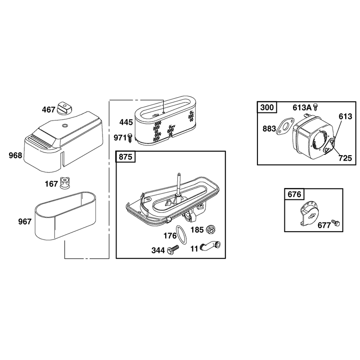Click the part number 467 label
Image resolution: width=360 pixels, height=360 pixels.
[49, 110]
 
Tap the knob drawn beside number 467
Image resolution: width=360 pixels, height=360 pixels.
[65, 108]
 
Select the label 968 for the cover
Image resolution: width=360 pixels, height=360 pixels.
[15, 155]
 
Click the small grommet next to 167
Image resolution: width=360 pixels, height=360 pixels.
[65, 183]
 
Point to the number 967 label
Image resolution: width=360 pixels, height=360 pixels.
[25, 221]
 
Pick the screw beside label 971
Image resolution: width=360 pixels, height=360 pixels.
[130, 138]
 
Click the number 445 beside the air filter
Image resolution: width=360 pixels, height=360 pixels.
[126, 122]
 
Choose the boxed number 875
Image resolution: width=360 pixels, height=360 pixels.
[126, 157]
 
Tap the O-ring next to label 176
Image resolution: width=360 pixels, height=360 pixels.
[181, 234]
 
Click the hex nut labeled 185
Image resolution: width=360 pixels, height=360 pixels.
[211, 229]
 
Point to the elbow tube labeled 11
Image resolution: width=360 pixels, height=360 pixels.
[210, 246]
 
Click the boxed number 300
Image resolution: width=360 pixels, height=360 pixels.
[267, 107]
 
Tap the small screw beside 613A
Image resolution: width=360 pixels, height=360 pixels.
[316, 107]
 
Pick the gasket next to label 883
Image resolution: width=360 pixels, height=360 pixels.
[284, 126]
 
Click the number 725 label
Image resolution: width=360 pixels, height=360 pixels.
[345, 158]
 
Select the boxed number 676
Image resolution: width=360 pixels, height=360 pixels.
[294, 194]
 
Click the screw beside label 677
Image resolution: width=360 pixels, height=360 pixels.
[335, 223]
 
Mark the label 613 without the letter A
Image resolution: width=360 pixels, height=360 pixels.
[345, 117]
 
